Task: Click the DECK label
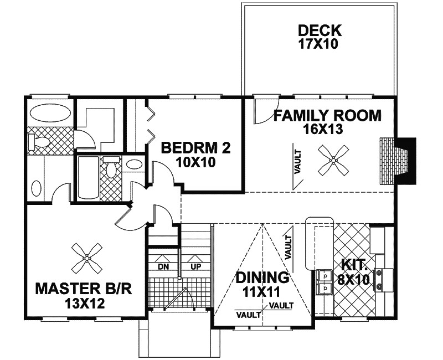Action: coord(320,30)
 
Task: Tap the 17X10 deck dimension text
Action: coord(318,44)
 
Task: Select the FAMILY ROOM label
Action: coord(327,116)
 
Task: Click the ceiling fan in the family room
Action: coord(333,161)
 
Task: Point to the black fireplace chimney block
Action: coord(406,160)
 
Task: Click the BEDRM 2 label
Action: coord(196,148)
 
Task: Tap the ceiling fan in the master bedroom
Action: coord(87,258)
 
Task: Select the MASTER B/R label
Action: coord(84,289)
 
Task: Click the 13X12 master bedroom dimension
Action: coord(85,304)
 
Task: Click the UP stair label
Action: coord(196,266)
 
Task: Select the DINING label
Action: coord(262,277)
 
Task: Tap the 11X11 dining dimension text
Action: coord(261,292)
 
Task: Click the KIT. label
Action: coord(354,265)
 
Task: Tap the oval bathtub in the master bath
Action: coord(50,113)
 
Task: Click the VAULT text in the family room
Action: coord(298,162)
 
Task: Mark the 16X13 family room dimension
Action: coord(323,130)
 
